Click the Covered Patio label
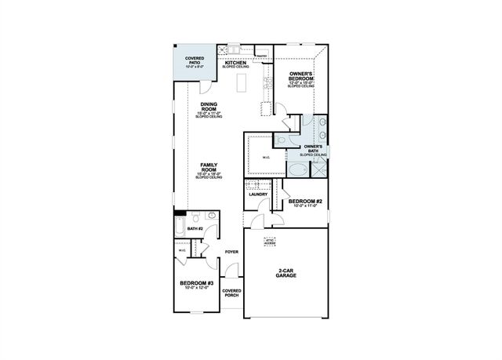195,60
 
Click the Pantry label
262,56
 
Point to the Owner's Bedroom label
301,77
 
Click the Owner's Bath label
313,147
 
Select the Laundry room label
259,194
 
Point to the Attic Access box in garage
270,242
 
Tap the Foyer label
231,252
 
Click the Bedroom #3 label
196,284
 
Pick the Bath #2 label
195,228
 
